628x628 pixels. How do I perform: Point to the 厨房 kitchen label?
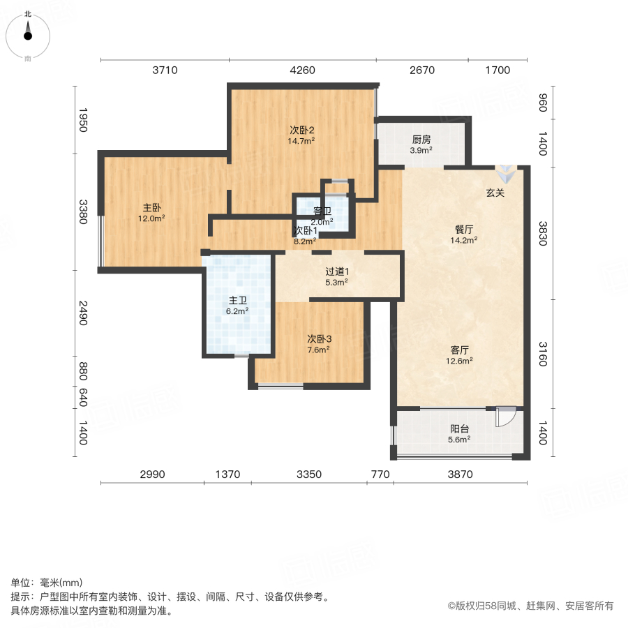(x=422, y=139)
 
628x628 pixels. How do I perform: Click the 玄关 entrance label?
(x=495, y=193)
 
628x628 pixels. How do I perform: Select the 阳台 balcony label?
(x=459, y=429)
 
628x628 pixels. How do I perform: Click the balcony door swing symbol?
(x=504, y=417)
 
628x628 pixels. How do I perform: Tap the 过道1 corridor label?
(x=336, y=272)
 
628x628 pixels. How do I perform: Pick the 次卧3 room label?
(x=318, y=339)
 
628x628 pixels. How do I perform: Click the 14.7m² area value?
(x=301, y=140)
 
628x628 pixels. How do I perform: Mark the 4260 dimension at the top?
(x=302, y=70)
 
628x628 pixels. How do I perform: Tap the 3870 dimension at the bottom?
(x=460, y=474)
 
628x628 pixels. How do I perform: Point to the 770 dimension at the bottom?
(x=380, y=474)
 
